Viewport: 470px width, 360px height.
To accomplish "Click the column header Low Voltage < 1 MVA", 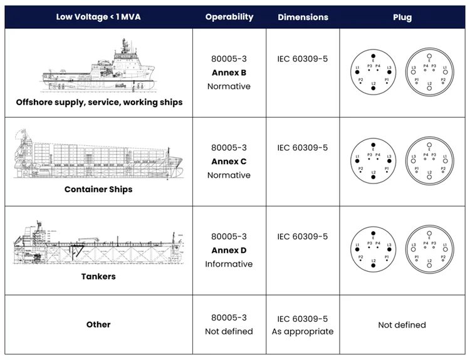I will (98, 17).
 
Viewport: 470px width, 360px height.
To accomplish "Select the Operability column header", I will (229, 17).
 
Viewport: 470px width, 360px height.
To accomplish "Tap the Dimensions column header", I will (303, 17).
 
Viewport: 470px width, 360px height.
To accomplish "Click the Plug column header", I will (402, 17).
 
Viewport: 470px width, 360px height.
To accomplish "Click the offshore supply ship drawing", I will (98, 67).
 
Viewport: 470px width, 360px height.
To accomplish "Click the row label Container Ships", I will (98, 189).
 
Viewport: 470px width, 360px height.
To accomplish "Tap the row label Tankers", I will (98, 275).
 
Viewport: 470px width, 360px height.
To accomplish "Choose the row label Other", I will (98, 324).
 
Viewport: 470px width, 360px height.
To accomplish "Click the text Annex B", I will (229, 73).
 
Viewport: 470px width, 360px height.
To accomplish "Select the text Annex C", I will (229, 162).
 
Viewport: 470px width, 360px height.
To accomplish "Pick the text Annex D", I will (229, 250).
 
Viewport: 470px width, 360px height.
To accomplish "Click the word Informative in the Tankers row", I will (229, 264).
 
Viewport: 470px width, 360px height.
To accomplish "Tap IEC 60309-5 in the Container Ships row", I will (303, 148).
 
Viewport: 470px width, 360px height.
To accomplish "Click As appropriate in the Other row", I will (303, 331).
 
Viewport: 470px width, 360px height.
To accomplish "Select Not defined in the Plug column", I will (402, 325).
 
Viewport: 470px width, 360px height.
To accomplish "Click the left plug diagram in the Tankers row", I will (373, 250).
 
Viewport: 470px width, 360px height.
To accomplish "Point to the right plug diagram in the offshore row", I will (429, 73).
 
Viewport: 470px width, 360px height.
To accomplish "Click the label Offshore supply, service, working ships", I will (99, 101).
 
